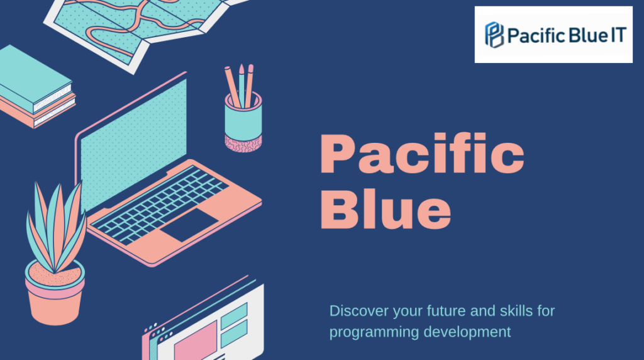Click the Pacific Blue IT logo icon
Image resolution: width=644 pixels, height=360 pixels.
click(x=494, y=35)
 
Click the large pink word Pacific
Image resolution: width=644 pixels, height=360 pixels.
click(x=422, y=154)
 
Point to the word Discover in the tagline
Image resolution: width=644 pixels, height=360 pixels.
click(x=358, y=311)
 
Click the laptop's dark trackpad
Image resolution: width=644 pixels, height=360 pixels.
click(x=189, y=225)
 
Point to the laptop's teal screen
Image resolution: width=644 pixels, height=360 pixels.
click(x=133, y=144)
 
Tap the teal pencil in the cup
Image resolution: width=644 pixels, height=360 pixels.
click(x=241, y=86)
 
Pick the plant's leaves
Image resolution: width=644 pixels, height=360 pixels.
click(x=56, y=226)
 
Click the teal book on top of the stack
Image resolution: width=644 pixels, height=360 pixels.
click(x=36, y=79)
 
